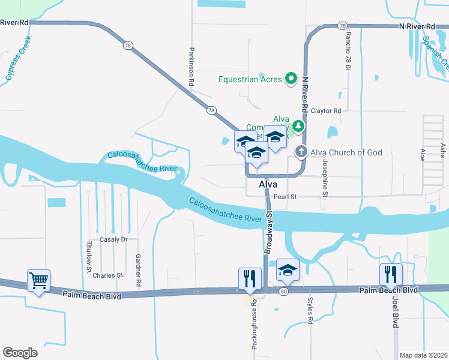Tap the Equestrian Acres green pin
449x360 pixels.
pyautogui.click(x=291, y=78)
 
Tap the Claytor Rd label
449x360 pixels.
pyautogui.click(x=325, y=111)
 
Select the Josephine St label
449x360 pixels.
pyautogui.click(x=325, y=178)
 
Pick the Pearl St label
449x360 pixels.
pyautogui.click(x=285, y=196)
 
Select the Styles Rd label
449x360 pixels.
pyautogui.click(x=310, y=312)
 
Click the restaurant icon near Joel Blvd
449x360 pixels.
pyautogui.click(x=391, y=275)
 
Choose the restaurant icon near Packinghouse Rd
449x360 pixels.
pyautogui.click(x=250, y=278)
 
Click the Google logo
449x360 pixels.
pyautogui.click(x=20, y=353)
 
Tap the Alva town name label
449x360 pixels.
pyautogui.click(x=268, y=185)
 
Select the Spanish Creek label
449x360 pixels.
pyautogui.click(x=435, y=50)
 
